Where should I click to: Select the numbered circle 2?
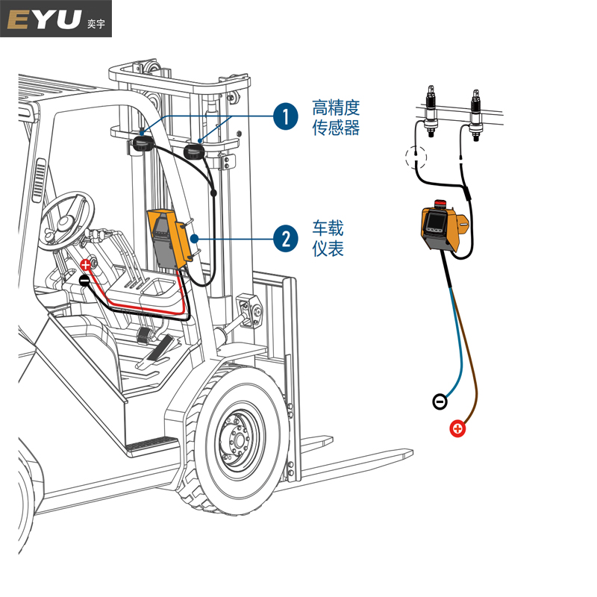click(x=285, y=239)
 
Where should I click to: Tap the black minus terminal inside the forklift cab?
click(x=85, y=281)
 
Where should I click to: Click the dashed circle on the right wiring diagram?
click(x=415, y=157)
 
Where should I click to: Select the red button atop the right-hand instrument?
click(x=439, y=204)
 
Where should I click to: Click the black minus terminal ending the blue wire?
click(x=440, y=402)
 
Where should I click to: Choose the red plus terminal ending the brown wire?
click(x=457, y=429)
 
